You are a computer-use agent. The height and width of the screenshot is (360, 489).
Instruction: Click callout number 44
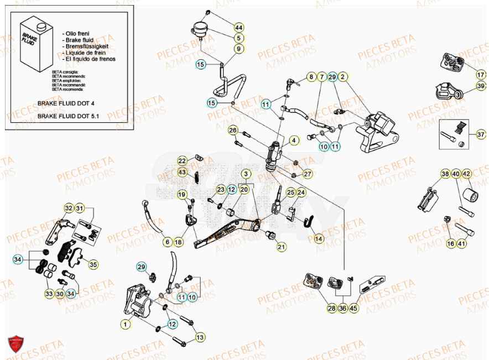pos(238,28)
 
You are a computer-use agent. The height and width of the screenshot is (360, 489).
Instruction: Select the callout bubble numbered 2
pos(343,77)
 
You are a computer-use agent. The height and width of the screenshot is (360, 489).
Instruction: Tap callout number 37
pos(481,134)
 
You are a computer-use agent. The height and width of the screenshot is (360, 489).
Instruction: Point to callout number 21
pos(282,247)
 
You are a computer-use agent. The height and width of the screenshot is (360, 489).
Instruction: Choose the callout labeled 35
pos(93,265)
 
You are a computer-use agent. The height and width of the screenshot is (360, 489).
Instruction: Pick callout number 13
pos(200,337)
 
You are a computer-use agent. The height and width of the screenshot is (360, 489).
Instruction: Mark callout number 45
pos(353,309)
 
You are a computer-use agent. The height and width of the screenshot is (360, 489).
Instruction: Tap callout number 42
pos(466,174)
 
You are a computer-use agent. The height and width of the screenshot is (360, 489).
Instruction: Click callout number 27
pos(308,174)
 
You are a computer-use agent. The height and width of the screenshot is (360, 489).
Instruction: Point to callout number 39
pos(481,86)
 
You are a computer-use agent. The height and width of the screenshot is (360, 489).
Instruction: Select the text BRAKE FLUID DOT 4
pos(66,103)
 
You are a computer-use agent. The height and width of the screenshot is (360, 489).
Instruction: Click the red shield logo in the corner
pos(16,345)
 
